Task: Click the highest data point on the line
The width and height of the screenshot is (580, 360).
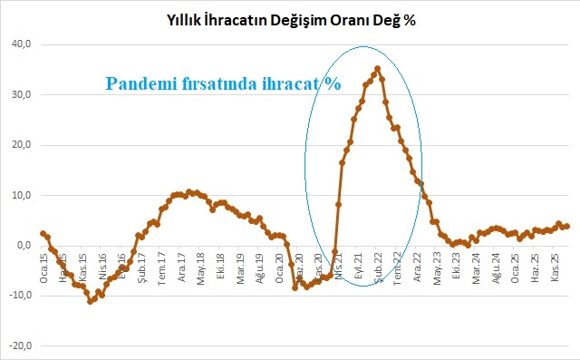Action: (377, 69)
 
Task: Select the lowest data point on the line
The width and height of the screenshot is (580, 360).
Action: (90, 301)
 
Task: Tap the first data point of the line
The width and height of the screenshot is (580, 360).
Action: (43, 234)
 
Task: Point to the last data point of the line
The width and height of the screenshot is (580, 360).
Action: (566, 226)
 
